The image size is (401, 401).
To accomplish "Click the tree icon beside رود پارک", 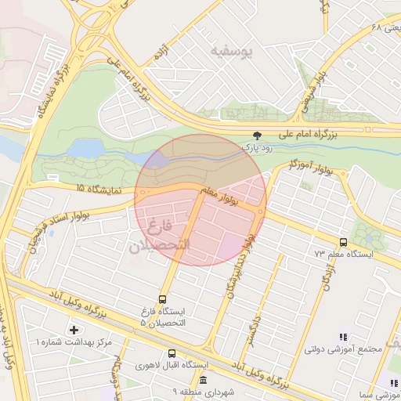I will (258, 135).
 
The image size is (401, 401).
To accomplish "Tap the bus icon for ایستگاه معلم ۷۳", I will (344, 242).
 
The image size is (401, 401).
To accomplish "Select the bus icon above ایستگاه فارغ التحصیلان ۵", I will (162, 299).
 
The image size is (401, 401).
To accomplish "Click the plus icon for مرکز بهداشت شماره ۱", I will (74, 330).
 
